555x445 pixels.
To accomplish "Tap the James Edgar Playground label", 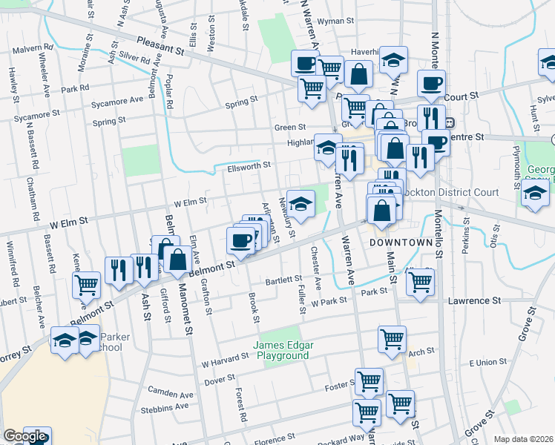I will click(280, 350).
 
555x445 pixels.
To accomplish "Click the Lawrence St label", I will click(474, 300).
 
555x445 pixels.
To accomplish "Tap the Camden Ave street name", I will click(170, 391).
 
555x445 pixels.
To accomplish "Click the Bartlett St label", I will click(285, 280).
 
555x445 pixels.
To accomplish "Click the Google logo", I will click(24, 437).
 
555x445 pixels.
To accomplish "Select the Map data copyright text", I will click(522, 439).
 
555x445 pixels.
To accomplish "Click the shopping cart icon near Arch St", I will click(393, 339).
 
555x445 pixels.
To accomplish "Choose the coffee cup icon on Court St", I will click(430, 83).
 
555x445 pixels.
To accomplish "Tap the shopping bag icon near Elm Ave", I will click(177, 259).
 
